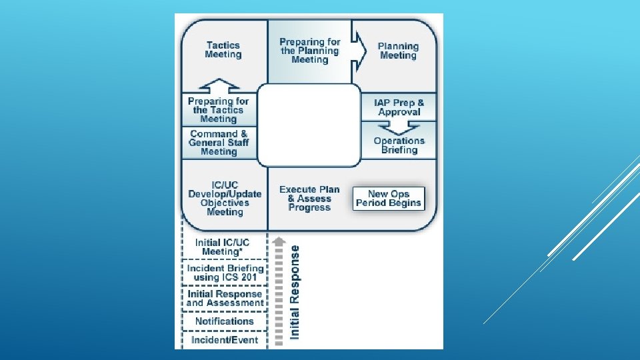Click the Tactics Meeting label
click(x=223, y=50)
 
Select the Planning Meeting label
click(x=398, y=51)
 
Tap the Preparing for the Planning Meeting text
click(x=309, y=51)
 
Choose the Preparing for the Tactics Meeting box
click(x=219, y=110)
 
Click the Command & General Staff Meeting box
click(x=219, y=143)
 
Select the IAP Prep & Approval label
click(x=399, y=107)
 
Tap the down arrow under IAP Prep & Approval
click(x=399, y=127)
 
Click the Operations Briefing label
click(x=399, y=145)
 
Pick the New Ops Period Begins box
click(x=389, y=199)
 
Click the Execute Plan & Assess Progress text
click(x=309, y=199)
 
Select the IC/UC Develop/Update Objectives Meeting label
click(x=225, y=199)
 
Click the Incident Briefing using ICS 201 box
click(x=225, y=273)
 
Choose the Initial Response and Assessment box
click(x=225, y=298)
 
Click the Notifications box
click(x=225, y=321)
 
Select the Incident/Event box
click(x=225, y=340)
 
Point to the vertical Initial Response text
click(x=295, y=292)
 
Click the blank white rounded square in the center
click(x=309, y=125)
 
